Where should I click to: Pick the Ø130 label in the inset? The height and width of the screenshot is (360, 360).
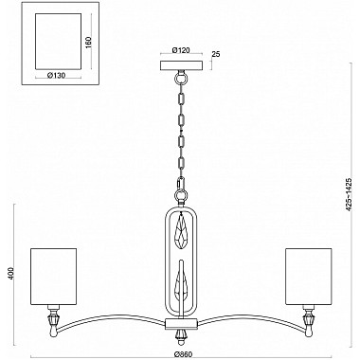57,72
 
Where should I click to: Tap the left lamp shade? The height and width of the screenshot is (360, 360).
53,275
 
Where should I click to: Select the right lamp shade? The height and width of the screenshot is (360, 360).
306,275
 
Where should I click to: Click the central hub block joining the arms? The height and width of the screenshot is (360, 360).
179,324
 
